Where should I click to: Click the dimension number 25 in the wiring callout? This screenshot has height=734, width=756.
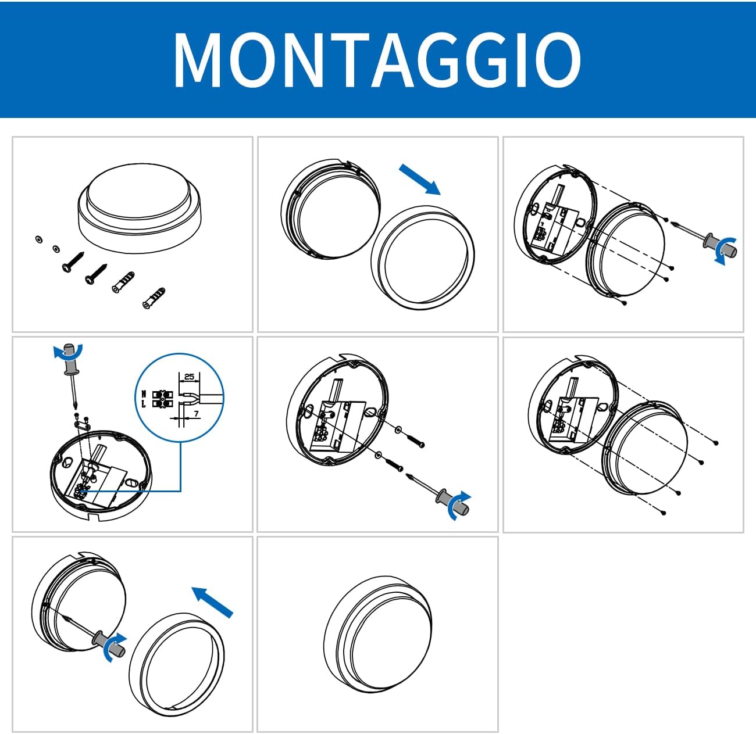[189, 377]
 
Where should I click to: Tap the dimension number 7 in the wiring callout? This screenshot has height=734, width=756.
[196, 414]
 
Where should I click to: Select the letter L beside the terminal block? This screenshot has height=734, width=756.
[144, 404]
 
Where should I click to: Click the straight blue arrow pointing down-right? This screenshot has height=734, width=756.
[420, 179]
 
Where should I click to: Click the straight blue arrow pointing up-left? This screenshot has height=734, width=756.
[212, 601]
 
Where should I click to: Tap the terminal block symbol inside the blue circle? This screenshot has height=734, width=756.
[162, 399]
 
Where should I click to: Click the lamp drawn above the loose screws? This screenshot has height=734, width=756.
[140, 207]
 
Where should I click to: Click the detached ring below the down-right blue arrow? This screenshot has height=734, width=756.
[423, 257]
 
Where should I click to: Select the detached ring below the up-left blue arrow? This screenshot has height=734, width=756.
[177, 664]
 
